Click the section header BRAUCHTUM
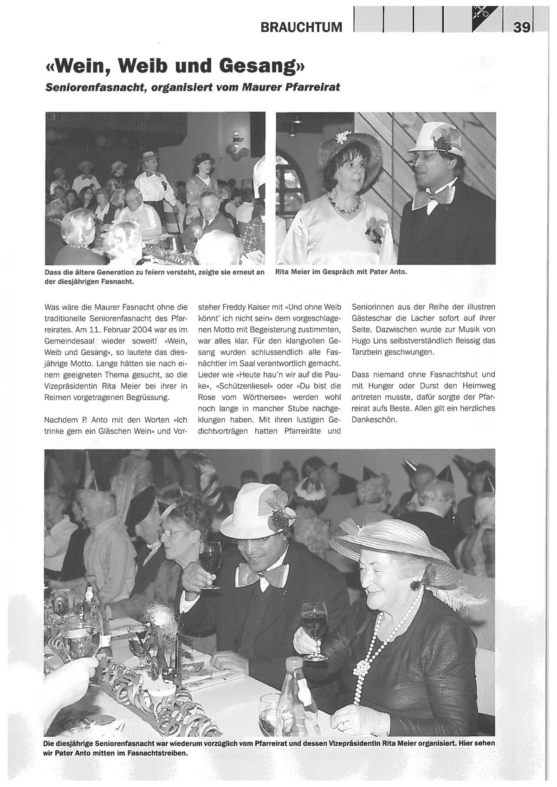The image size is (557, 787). click(x=301, y=27)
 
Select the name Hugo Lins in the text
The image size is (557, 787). click(x=367, y=341)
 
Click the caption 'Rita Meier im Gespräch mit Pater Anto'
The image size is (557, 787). click(x=341, y=272)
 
